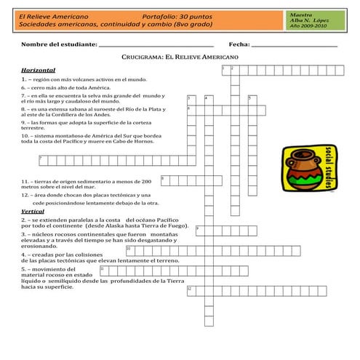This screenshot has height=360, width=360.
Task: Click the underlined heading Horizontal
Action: pos(39,69)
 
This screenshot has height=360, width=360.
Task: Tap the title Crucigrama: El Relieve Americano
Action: pos(180,55)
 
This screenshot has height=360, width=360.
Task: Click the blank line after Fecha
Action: pos(294,46)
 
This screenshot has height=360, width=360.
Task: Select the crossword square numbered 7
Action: pos(42,159)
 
